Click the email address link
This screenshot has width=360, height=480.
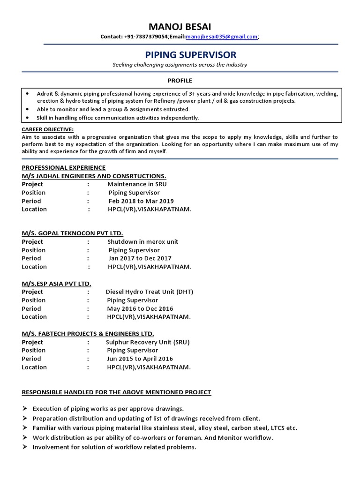(x=221, y=37)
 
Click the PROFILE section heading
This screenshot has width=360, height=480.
(x=180, y=81)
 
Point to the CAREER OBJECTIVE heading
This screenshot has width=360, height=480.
(x=48, y=129)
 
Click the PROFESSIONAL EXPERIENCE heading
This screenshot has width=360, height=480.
(x=64, y=167)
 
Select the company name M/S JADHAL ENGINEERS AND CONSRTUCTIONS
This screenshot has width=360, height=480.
(x=94, y=176)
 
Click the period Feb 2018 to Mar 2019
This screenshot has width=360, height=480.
(x=141, y=201)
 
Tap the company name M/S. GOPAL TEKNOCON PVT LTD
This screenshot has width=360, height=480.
(x=73, y=233)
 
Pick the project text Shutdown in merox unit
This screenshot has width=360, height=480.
(x=143, y=242)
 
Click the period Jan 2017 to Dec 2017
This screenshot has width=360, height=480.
(x=140, y=258)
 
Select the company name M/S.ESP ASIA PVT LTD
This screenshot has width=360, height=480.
(x=56, y=284)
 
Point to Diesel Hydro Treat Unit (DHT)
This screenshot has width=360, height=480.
(x=150, y=292)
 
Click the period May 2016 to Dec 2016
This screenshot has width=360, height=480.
(x=140, y=308)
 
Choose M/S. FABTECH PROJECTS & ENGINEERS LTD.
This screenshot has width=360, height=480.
(x=88, y=334)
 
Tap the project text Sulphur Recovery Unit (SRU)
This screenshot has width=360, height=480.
(x=148, y=342)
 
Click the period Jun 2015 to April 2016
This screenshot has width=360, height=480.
(x=140, y=359)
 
